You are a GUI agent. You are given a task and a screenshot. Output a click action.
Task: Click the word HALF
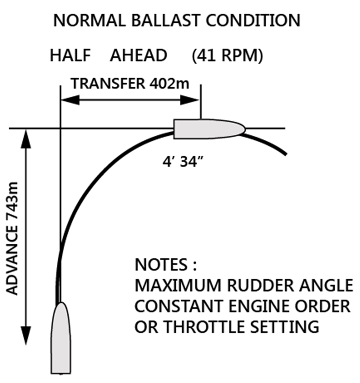tap(71, 56)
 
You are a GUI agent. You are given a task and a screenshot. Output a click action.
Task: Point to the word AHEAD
tap(138, 56)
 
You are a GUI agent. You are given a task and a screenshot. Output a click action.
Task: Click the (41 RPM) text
tap(227, 56)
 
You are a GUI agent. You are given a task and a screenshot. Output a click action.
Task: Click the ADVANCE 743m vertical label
tap(13, 238)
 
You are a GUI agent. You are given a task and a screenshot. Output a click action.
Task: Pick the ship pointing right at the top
tap(209, 128)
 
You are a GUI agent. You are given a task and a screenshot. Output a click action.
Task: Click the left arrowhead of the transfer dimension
tap(67, 100)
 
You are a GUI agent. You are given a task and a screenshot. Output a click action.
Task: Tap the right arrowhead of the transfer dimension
tap(193, 100)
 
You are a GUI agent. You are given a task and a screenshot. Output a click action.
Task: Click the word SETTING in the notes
tap(287, 326)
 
